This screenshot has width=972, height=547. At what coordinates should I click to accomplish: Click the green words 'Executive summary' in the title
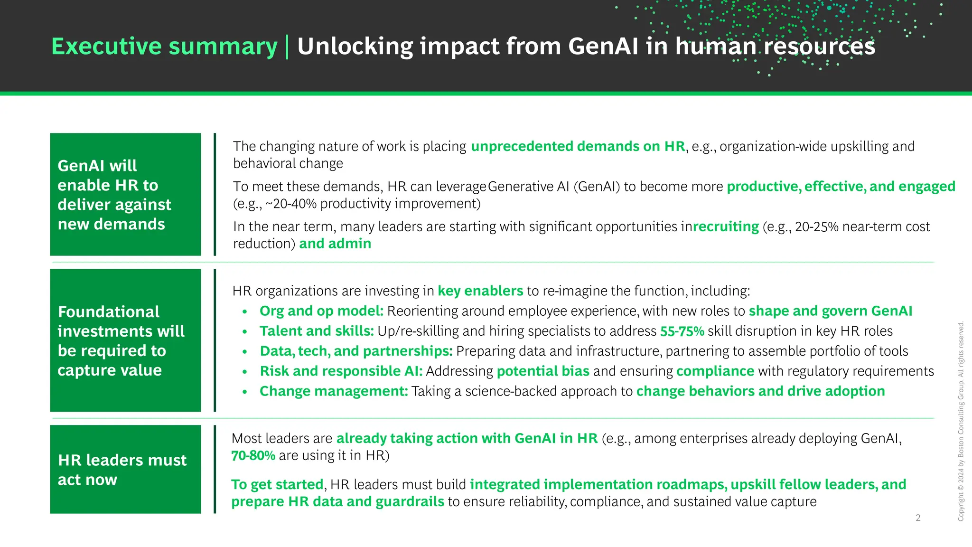tap(164, 47)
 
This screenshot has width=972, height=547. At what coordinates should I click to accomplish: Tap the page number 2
tap(918, 518)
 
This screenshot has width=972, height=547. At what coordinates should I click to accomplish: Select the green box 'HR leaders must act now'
tap(125, 469)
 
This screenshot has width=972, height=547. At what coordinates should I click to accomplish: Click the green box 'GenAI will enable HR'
tap(125, 194)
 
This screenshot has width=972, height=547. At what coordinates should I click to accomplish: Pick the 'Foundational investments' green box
tap(125, 340)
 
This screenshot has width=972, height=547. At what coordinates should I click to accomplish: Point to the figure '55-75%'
tap(682, 331)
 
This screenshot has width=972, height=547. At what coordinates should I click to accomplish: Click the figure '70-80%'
tap(253, 455)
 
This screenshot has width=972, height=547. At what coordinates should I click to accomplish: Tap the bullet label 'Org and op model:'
tap(321, 311)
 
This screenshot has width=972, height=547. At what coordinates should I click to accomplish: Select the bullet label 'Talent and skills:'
tap(317, 331)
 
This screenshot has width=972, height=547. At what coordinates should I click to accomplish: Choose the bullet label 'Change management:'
tap(334, 391)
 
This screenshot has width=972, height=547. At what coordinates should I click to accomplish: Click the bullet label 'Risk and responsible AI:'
tap(341, 371)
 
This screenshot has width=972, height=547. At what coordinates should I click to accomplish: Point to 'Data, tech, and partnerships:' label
tap(356, 351)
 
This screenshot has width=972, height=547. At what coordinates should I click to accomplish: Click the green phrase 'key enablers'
tap(480, 291)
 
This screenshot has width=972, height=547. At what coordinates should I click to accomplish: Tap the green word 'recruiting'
tap(726, 226)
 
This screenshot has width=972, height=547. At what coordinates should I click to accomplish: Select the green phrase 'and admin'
tap(335, 244)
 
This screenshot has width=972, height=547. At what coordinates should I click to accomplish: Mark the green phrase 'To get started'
tap(277, 484)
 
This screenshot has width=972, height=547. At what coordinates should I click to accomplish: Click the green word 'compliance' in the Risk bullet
tap(715, 371)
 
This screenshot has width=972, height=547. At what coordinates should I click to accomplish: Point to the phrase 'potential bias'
tap(543, 371)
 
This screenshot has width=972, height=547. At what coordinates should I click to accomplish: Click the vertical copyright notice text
tap(961, 422)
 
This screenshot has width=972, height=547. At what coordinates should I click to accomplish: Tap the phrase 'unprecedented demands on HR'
tap(578, 146)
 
